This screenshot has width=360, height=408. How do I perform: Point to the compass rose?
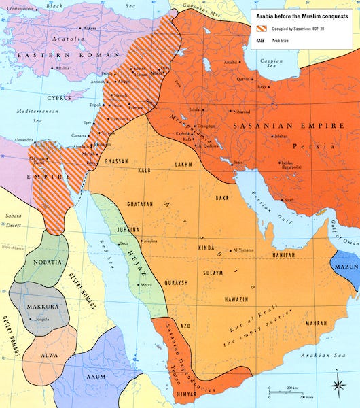click(338, 384)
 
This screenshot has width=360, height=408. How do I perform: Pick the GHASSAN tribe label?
click(118, 162)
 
